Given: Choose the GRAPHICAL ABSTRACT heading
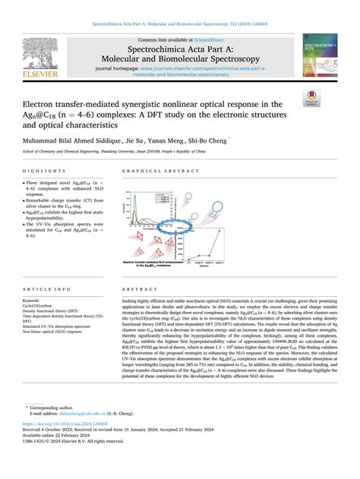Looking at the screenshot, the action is click(155, 173).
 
